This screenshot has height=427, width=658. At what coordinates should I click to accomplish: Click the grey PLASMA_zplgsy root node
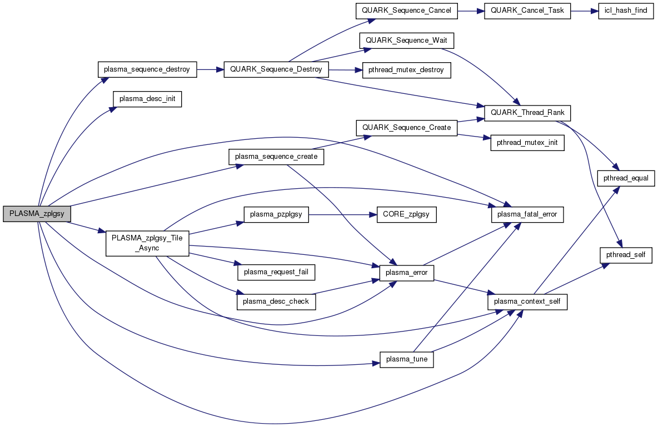click(37, 214)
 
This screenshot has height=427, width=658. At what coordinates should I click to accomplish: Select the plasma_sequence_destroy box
click(147, 70)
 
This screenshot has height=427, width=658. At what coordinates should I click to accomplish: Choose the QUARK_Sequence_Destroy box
click(276, 70)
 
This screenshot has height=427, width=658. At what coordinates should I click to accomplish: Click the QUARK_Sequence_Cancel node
click(406, 11)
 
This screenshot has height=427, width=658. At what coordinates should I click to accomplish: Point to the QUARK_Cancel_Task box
click(527, 11)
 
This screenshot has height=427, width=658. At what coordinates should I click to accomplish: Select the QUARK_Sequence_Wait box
click(407, 41)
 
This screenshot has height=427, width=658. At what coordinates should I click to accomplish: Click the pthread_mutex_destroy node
click(406, 70)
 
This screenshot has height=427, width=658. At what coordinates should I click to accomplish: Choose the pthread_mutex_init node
click(527, 143)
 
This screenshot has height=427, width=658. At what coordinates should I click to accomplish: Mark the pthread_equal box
click(626, 178)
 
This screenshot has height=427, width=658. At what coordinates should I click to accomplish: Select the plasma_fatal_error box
click(527, 214)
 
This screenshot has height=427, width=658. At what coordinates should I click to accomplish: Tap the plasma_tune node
click(406, 359)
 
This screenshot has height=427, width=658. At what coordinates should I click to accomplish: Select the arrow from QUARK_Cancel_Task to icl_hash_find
click(584, 11)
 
